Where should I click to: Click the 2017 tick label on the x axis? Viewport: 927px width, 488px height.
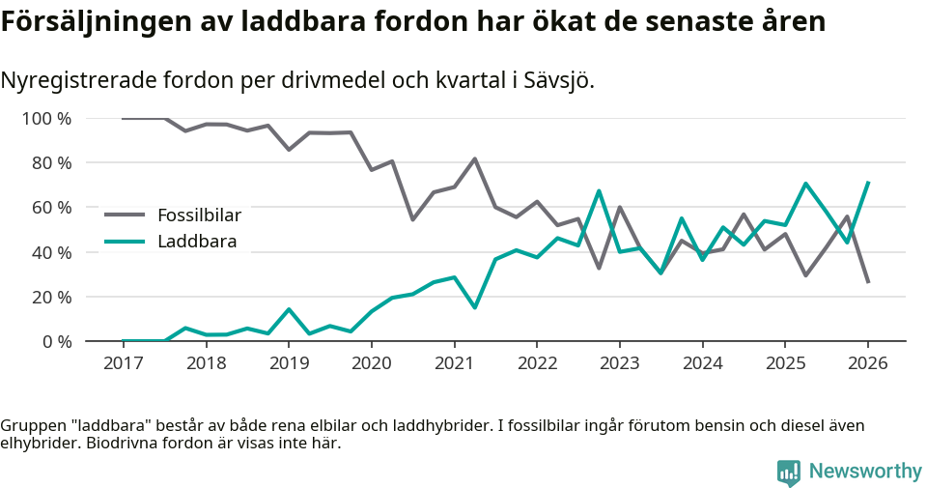pos(123,363)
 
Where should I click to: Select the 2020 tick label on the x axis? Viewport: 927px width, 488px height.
pos(371,363)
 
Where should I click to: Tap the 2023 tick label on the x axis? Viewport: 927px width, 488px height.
pos(619,363)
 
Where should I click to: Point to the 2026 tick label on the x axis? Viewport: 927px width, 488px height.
pos(867,363)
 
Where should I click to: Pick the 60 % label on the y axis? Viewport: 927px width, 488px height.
pos(52,208)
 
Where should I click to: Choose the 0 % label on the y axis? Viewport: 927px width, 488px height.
pos(57,341)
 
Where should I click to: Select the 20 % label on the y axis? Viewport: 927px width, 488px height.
pos(52,297)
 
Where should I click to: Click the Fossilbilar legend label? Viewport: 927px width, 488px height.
pos(199,215)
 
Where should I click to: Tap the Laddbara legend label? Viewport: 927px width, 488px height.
pos(197,242)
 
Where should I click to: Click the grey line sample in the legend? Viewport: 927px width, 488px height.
pos(125,215)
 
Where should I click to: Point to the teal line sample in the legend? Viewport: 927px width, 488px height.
pos(125,242)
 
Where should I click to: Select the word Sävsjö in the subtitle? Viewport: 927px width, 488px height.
pos(561,80)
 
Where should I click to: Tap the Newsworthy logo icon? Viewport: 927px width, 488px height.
pos(789,473)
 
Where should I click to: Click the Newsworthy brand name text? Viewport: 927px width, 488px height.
pos(865,472)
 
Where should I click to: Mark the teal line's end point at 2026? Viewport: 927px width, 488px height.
pos(868,182)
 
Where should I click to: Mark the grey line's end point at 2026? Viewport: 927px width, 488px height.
pos(868,282)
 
